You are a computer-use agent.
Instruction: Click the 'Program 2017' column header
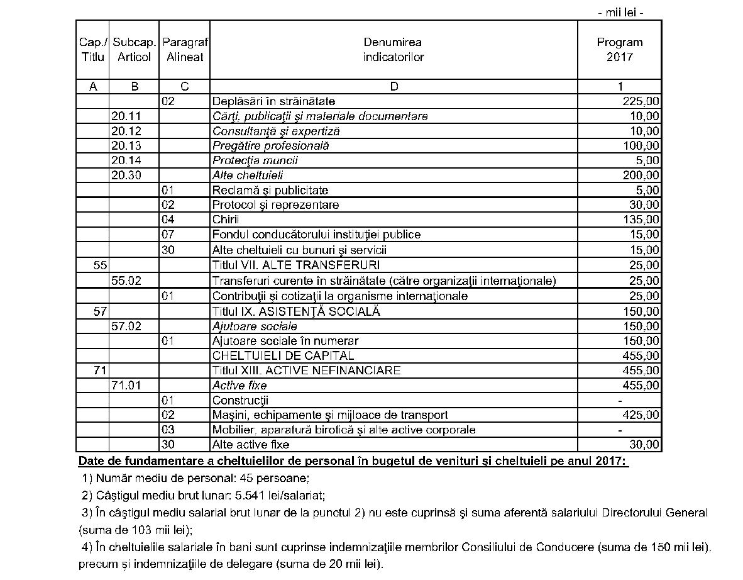click(x=619, y=50)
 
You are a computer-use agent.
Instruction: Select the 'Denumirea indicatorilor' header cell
click(x=393, y=50)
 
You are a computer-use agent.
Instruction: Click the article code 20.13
click(x=126, y=146)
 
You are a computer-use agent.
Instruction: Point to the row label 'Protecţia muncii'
click(x=255, y=161)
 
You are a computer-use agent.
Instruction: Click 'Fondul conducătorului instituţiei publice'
click(x=316, y=235)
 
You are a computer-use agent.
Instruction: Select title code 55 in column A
click(x=100, y=265)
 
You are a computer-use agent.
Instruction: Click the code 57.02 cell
click(x=126, y=326)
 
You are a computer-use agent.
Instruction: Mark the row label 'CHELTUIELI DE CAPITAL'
click(x=283, y=356)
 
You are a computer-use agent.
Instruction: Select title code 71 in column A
click(x=100, y=371)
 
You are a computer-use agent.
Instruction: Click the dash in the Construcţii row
click(x=620, y=401)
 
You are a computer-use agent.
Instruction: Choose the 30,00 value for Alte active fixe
click(x=644, y=445)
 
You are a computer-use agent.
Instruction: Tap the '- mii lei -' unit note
click(x=620, y=13)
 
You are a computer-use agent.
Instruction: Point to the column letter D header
click(x=394, y=87)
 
